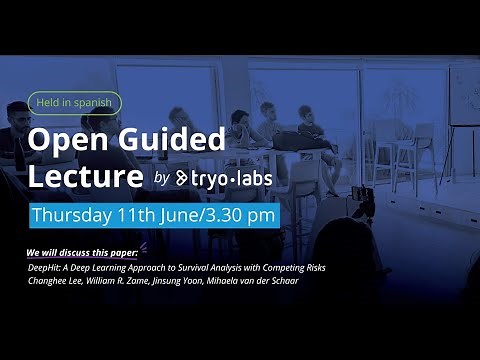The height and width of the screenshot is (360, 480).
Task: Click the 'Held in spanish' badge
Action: (x=75, y=102)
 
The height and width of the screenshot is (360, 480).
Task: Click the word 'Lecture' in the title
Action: (x=86, y=177)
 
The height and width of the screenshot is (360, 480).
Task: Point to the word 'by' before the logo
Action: (x=163, y=179)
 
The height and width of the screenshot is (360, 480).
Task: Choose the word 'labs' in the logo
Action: (x=259, y=178)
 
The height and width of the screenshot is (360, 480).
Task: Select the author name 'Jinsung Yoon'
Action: (x=187, y=281)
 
